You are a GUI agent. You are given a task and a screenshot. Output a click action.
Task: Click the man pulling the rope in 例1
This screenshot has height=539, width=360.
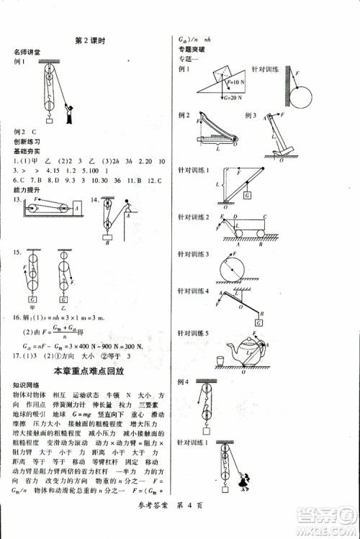coord(68,112)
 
